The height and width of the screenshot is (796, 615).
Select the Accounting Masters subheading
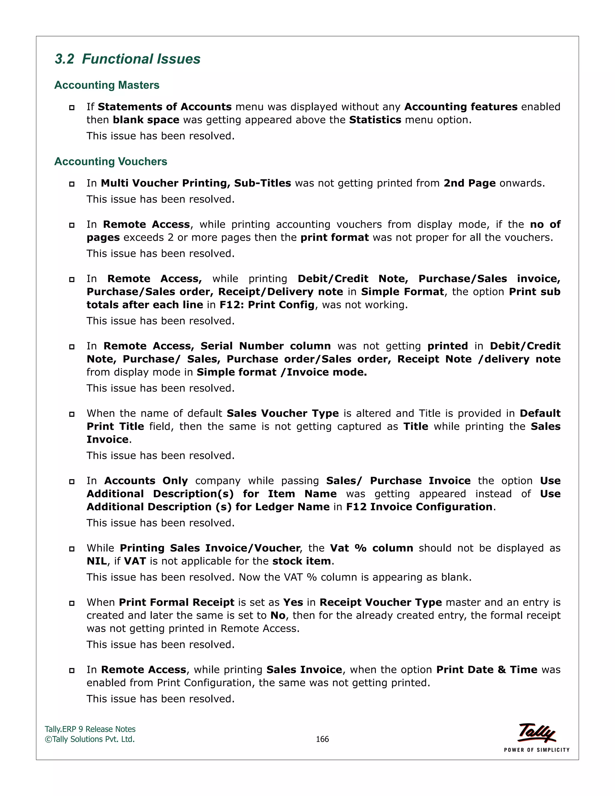point(107,85)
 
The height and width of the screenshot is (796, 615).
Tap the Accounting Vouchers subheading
point(111,162)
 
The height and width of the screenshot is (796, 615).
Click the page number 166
point(322,739)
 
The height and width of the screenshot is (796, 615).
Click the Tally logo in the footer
point(536,733)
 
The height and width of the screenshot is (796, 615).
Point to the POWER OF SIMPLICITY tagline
point(536,750)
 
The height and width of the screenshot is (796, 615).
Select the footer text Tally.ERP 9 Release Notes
point(90,729)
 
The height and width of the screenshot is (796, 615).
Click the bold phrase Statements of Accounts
point(165,107)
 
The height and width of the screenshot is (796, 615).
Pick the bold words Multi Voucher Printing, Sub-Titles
point(196,183)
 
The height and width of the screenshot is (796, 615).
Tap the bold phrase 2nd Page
point(469,183)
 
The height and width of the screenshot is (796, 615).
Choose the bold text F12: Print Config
point(267,305)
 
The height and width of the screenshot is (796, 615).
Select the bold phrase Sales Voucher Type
point(283,413)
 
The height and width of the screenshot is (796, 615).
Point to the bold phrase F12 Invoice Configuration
point(419,507)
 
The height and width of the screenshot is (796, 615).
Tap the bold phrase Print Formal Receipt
point(176,603)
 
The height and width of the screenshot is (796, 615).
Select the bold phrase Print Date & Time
point(486,670)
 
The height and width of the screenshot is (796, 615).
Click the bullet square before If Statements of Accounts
point(72,108)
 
